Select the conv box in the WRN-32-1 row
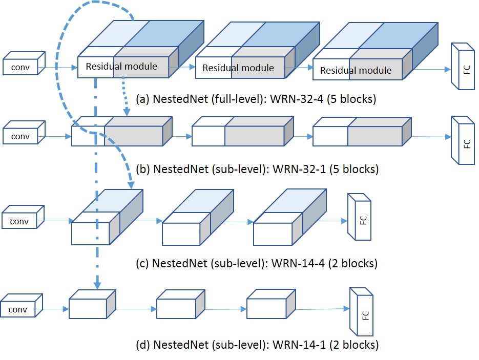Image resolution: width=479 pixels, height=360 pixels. pos(20,137)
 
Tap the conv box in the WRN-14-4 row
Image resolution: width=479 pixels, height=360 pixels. pos(19,221)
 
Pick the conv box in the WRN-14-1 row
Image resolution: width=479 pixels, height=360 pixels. pos(17,309)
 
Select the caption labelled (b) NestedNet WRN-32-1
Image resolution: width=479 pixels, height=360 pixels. pos(259,169)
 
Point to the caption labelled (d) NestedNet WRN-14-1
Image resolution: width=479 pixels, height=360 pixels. pos(258,345)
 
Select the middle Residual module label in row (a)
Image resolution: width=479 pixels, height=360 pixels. pos(238,68)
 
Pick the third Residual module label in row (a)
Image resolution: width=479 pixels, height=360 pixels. pos(356,71)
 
